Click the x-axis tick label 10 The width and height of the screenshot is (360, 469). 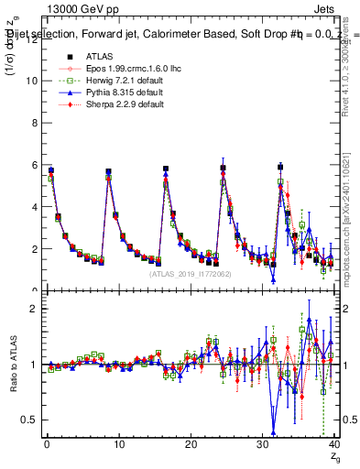pos(118,445)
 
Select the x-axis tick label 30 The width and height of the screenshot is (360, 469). pos(262,445)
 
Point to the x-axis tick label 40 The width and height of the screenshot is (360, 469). pos(333,445)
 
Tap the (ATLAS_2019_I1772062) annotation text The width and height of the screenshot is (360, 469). pos(189,274)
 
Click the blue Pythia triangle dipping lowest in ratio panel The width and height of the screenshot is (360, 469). pos(273,432)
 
